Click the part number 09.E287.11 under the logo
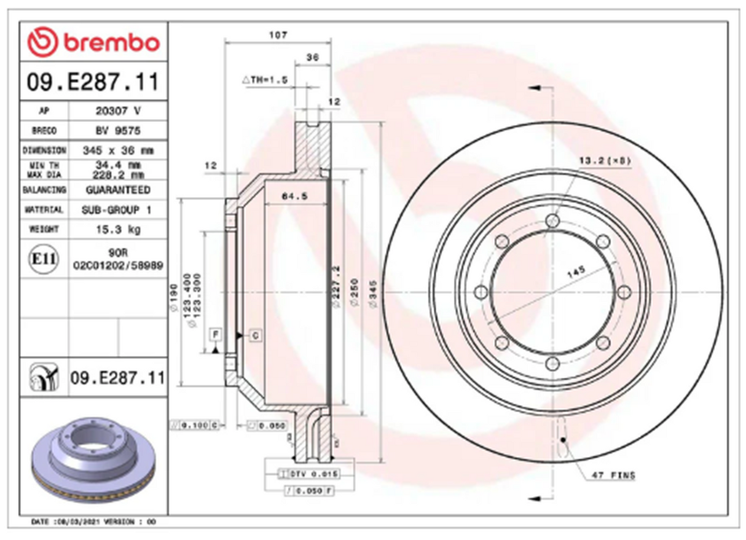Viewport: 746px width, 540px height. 93,82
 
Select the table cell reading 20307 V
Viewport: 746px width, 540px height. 117,111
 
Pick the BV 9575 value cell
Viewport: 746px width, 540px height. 117,131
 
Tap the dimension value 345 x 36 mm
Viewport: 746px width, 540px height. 117,150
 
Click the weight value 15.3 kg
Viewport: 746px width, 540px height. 117,230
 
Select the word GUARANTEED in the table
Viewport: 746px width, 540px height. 117,190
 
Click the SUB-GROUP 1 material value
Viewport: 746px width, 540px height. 117,209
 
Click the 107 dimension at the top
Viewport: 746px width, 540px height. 278,36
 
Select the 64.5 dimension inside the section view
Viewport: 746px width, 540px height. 294,197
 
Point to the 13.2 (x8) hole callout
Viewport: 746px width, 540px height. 605,161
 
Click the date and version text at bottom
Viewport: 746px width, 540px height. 93,522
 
